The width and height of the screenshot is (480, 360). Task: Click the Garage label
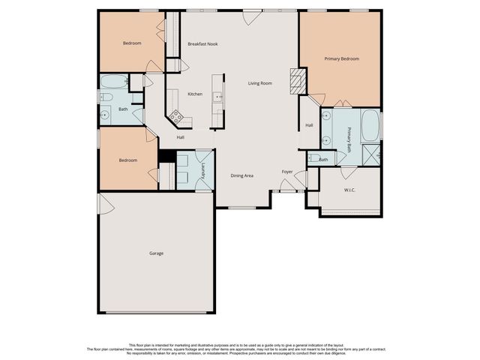(x=156, y=253)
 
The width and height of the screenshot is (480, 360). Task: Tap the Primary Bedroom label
(x=341, y=58)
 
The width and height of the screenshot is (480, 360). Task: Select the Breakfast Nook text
(x=202, y=44)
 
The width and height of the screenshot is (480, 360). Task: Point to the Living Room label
(x=260, y=83)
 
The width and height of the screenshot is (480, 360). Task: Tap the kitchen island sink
(x=218, y=96)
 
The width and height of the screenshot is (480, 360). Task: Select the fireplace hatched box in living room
(x=298, y=79)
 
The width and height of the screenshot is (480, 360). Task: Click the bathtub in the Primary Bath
(x=370, y=126)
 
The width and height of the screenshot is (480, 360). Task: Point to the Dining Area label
(x=241, y=175)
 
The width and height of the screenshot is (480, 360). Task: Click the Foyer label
(x=287, y=172)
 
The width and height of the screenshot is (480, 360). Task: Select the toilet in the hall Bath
(x=106, y=98)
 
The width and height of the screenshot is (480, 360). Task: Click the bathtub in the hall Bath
(x=115, y=82)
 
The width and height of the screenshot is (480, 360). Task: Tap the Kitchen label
(x=195, y=94)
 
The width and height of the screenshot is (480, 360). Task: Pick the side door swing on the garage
(x=105, y=202)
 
